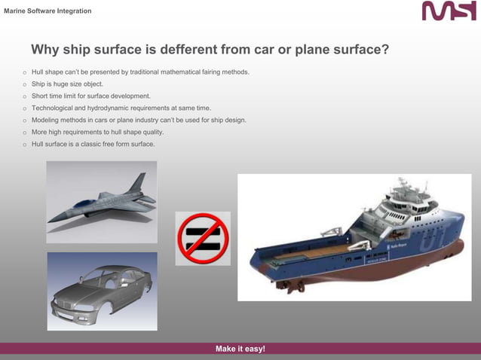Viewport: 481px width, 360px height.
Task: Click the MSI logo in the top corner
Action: [x=449, y=11]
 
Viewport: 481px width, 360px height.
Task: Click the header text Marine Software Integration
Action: [x=48, y=11]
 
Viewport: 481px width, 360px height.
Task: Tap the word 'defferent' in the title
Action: [x=184, y=50]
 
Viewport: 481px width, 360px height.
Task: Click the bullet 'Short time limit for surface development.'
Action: [x=90, y=96]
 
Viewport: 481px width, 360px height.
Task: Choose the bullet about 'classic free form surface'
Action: [x=93, y=144]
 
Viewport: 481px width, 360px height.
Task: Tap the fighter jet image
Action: [x=102, y=201]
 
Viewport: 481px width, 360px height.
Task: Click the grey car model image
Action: [x=102, y=291]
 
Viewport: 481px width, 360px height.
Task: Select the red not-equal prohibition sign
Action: [x=202, y=238]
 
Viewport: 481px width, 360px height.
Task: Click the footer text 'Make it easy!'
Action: [x=240, y=349]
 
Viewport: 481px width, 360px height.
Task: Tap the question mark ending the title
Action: [x=384, y=50]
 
